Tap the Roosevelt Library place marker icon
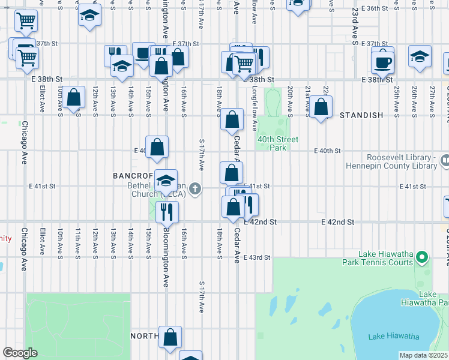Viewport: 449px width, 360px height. click(444, 160)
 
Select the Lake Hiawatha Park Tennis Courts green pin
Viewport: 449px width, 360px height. click(422, 258)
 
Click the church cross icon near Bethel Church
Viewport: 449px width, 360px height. click(194, 190)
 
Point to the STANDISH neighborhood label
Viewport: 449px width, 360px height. click(361, 115)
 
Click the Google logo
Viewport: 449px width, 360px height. click(20, 353)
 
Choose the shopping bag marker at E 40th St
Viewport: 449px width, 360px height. click(157, 147)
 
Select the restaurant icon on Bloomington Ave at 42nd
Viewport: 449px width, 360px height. click(167, 211)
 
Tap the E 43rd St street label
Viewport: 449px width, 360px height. click(258, 257)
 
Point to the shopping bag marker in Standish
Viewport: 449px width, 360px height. click(321, 107)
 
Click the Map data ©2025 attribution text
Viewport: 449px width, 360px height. click(423, 355)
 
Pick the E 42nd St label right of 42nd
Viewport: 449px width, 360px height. click(338, 222)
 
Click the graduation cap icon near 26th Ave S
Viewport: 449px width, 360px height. click(420, 56)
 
